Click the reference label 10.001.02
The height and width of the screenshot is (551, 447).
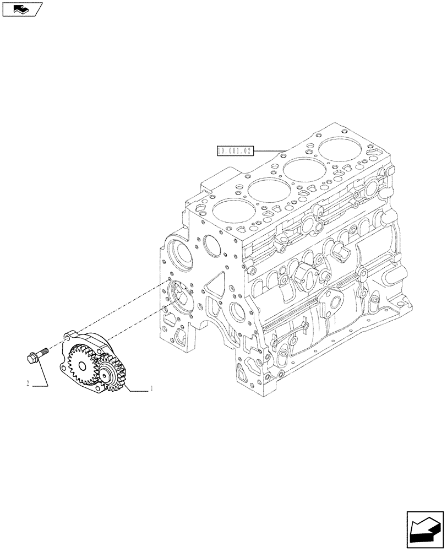click(235, 150)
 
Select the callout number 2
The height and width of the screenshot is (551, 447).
click(28, 384)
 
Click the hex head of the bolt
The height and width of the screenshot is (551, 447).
click(31, 358)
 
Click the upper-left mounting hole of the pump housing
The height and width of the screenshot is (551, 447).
click(70, 336)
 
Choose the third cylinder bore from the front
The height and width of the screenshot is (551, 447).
click(302, 169)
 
